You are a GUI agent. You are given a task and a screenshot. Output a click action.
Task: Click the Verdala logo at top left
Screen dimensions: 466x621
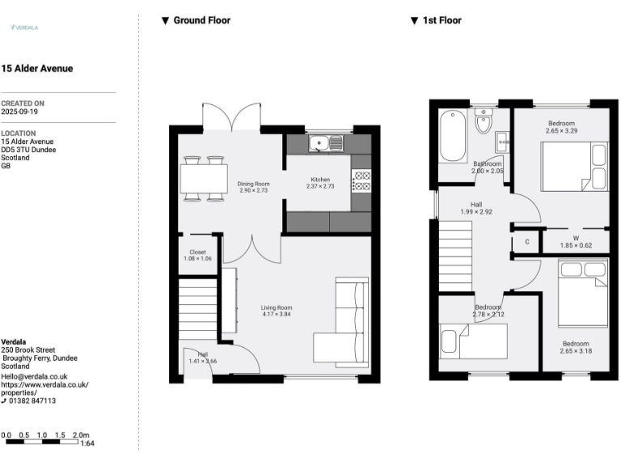click(24, 28)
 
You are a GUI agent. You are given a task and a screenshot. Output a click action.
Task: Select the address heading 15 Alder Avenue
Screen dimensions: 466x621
click(37, 69)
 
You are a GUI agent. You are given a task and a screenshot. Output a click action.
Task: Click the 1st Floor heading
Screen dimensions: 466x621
click(441, 20)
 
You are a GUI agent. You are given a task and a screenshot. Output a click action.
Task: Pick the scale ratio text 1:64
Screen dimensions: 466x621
click(88, 443)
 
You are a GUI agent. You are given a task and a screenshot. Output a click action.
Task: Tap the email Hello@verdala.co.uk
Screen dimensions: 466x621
click(34, 376)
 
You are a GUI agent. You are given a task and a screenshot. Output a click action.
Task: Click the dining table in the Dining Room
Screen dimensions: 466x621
click(203, 178)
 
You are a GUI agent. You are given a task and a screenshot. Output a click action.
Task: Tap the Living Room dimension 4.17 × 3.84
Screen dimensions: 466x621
click(276, 314)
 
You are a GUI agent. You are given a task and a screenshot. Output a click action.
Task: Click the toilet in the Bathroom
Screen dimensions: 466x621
click(484, 122)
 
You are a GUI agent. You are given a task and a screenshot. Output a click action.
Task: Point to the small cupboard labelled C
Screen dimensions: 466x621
click(527, 241)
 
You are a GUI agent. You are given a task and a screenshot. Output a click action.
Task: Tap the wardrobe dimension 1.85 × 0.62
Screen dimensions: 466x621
click(577, 245)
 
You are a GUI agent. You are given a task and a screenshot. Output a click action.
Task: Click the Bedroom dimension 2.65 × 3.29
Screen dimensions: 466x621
click(561, 130)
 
